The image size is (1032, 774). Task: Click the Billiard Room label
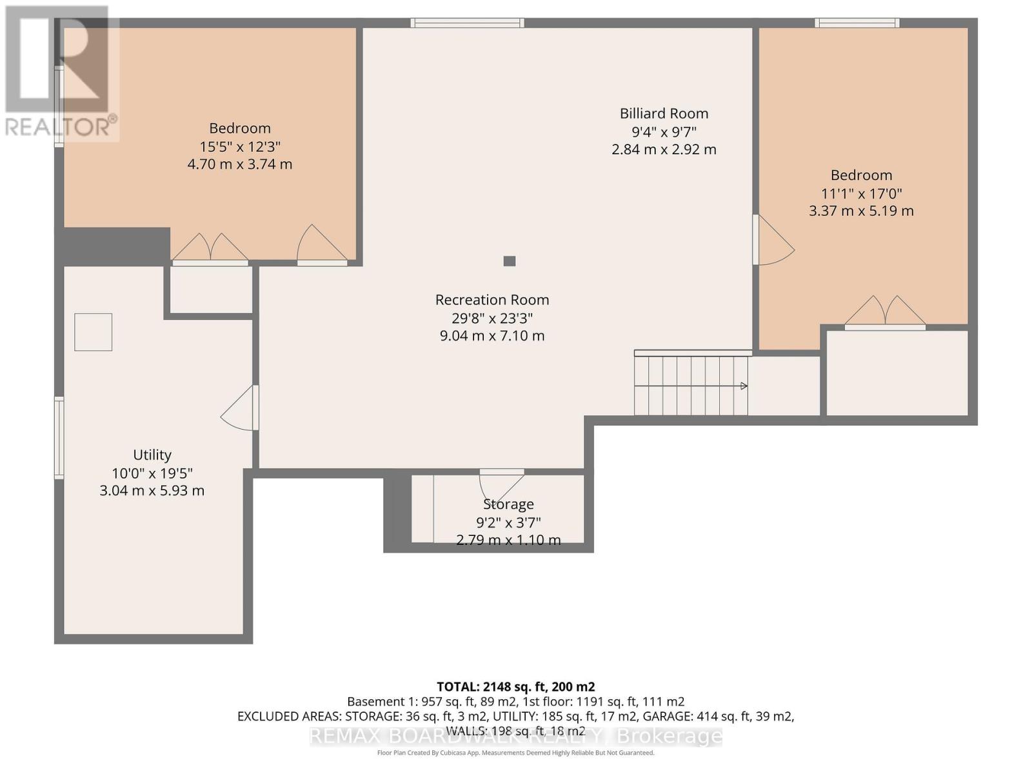tap(664, 114)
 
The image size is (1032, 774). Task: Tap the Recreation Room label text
tap(492, 300)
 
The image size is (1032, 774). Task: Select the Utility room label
tap(152, 455)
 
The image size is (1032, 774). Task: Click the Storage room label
tap(508, 504)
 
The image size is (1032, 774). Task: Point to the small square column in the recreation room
tap(510, 261)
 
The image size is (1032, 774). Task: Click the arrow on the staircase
tap(743, 386)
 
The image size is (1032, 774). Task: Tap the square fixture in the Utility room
tap(94, 332)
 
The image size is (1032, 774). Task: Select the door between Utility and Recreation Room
tap(241, 408)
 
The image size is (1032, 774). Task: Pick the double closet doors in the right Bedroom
tap(885, 312)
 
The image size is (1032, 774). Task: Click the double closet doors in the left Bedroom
tap(210, 248)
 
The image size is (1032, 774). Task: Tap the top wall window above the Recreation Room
tap(468, 23)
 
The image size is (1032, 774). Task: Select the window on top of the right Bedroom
tap(857, 23)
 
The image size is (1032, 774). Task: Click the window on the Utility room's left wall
tap(59, 439)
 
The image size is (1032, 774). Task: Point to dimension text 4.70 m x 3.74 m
tap(240, 164)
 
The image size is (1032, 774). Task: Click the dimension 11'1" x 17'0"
tap(861, 193)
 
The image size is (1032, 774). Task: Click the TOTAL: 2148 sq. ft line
tap(515, 686)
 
